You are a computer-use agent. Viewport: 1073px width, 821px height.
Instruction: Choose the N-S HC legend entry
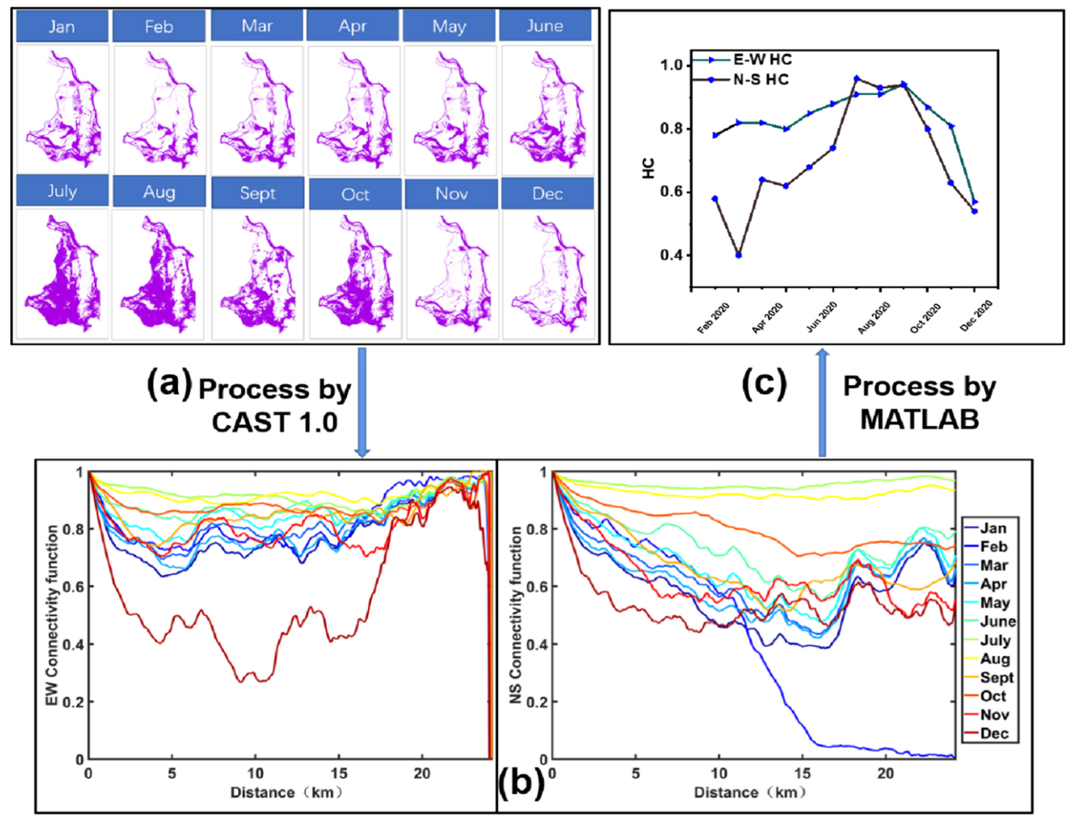[742, 80]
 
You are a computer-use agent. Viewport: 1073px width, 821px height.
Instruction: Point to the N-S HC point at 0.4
[738, 255]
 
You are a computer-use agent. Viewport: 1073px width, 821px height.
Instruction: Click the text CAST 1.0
[274, 422]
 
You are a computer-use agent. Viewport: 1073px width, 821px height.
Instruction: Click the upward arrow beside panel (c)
[822, 403]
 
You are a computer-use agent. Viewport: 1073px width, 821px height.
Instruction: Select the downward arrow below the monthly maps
[362, 403]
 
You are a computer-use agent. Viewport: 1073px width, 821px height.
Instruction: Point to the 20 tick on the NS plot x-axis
[885, 773]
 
